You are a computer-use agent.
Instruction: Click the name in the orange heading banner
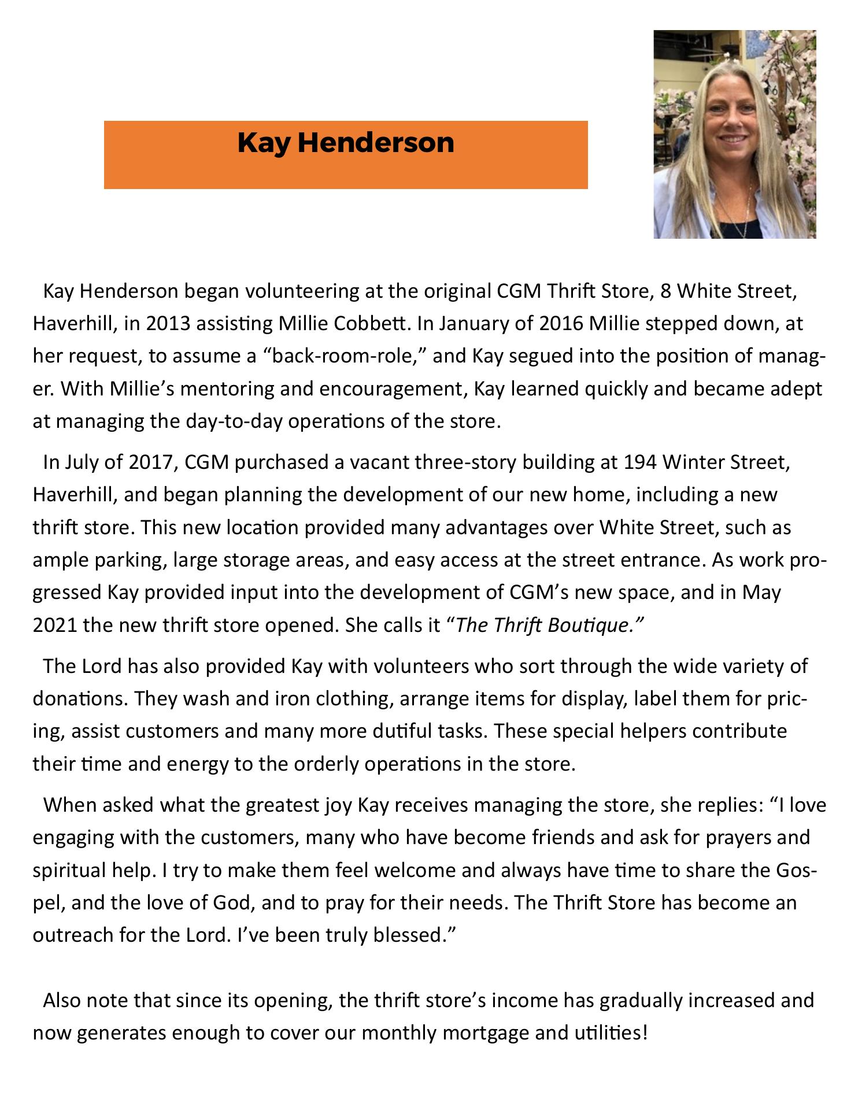point(346,143)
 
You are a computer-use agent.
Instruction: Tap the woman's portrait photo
point(734,134)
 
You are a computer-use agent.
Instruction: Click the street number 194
point(639,462)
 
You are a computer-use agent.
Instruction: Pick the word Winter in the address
point(692,462)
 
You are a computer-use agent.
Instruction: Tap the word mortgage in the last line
point(485,1032)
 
